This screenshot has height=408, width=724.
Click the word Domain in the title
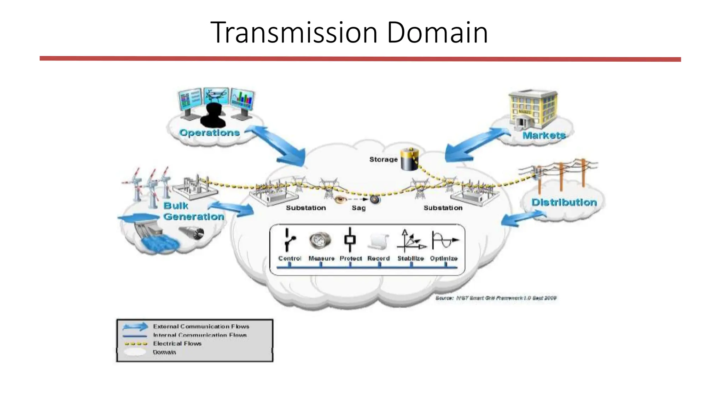(437, 33)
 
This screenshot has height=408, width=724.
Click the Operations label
(209, 133)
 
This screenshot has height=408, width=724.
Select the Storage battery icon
(410, 159)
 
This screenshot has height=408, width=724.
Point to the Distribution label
(564, 202)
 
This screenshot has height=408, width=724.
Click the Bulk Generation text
(193, 211)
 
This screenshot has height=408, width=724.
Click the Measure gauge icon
(320, 241)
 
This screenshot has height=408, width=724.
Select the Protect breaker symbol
(350, 240)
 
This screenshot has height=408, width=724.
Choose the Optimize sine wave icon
(445, 240)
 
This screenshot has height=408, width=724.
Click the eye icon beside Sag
(340, 200)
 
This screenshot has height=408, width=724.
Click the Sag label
(358, 208)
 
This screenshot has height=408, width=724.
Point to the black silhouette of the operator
(213, 115)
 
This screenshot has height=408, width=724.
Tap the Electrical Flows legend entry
(177, 344)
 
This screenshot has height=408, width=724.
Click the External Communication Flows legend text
(201, 326)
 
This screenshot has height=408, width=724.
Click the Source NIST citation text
(496, 298)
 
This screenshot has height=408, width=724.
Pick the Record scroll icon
(378, 242)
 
